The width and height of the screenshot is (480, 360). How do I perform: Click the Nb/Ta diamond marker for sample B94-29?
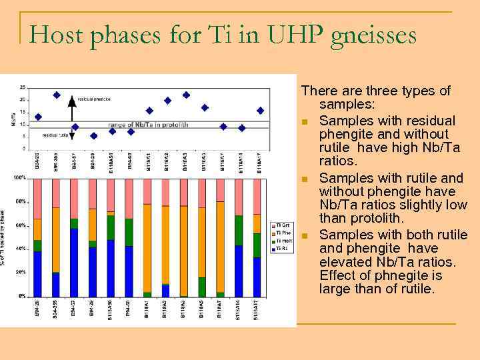click(93, 136)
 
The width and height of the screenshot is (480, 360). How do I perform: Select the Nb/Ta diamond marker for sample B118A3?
click(186, 95)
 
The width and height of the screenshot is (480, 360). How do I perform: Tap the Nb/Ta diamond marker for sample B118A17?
click(260, 111)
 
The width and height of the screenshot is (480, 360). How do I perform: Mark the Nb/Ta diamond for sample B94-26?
click(38, 117)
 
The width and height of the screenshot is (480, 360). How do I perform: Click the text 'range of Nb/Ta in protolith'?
click(154, 125)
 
